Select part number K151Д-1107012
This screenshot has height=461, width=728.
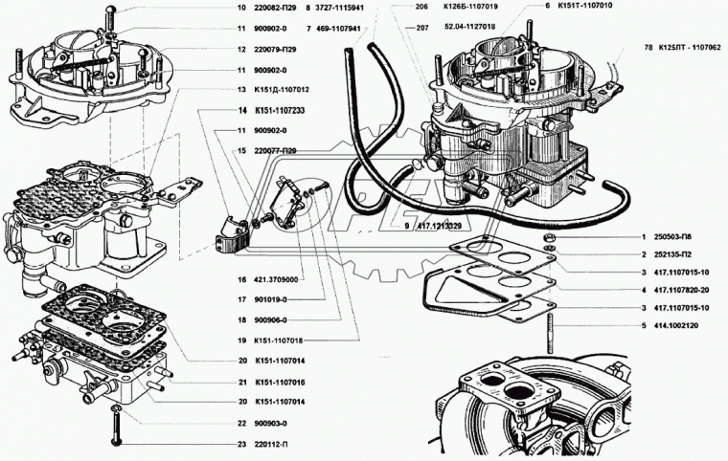pyautogui.click(x=283, y=89)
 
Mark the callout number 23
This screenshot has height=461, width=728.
pyautogui.click(x=242, y=444)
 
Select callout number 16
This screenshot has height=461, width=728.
pyautogui.click(x=242, y=279)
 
